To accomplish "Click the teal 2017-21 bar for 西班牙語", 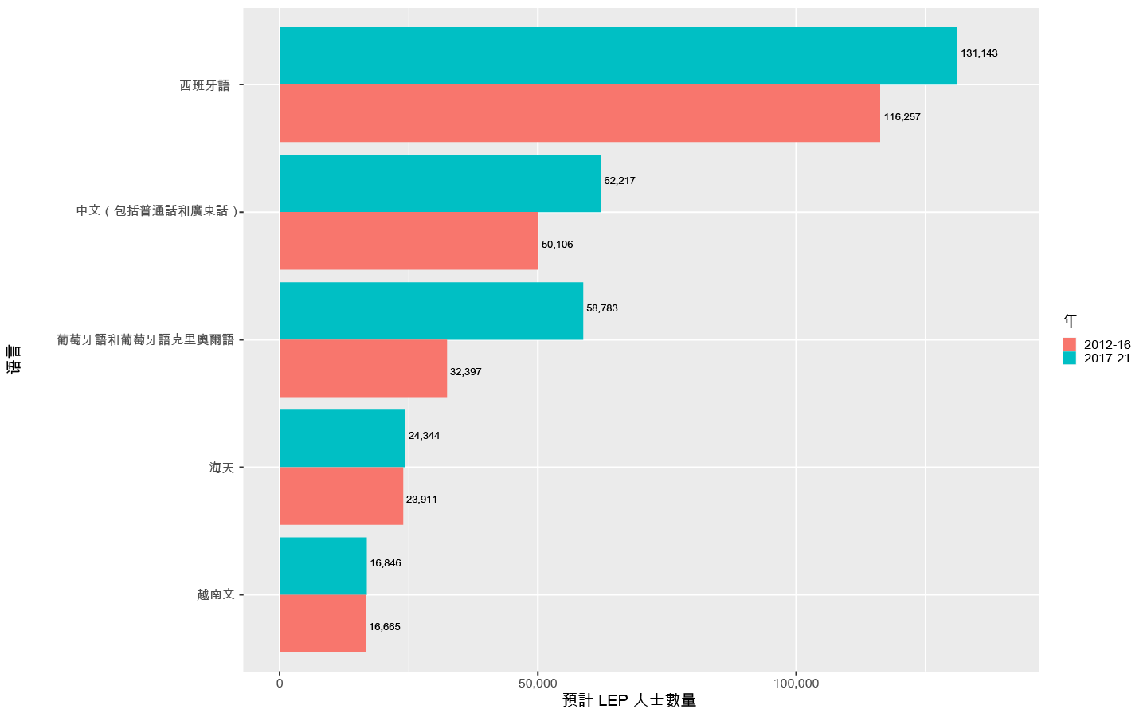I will click(x=617, y=56).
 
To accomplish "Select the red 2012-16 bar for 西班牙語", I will click(x=579, y=113).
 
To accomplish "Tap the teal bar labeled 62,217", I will click(x=440, y=183).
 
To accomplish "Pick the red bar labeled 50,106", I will click(x=409, y=241).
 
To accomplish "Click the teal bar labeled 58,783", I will click(x=431, y=311).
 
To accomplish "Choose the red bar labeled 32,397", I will click(x=362, y=368).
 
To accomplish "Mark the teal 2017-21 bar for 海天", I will click(x=343, y=438).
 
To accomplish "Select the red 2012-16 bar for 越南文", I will click(x=323, y=623).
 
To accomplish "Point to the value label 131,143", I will click(x=979, y=53).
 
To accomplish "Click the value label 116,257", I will click(x=902, y=117).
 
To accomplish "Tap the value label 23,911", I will click(x=421, y=500).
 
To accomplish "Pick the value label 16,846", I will click(x=386, y=563).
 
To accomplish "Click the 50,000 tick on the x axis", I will click(x=538, y=684).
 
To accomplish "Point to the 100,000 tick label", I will click(x=796, y=684).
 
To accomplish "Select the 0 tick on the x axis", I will click(x=280, y=684).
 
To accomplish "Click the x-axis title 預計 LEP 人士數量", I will click(x=629, y=701).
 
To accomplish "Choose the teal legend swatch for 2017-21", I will click(x=1070, y=358).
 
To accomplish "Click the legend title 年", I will click(x=1070, y=322).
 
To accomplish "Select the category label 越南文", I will click(x=216, y=594).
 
